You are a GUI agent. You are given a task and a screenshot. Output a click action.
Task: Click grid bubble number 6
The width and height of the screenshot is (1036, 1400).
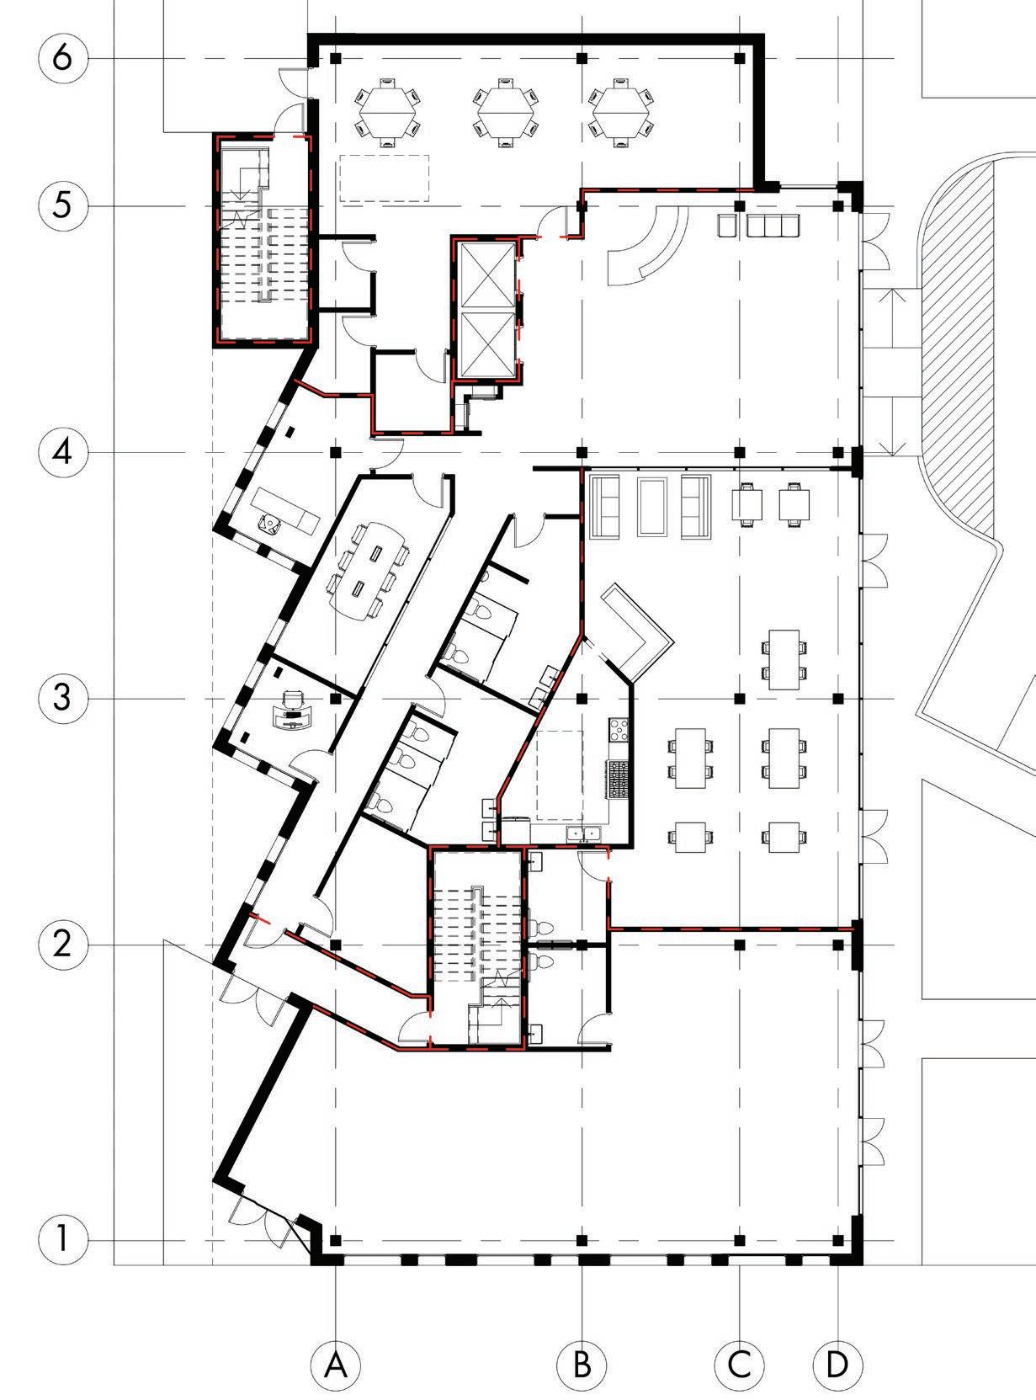point(62,59)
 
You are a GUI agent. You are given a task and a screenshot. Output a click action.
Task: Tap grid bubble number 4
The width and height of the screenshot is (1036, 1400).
point(62,453)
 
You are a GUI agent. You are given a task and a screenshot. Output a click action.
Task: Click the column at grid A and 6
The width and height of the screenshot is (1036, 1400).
point(336,59)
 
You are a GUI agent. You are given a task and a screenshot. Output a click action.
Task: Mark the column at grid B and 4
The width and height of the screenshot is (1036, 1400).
point(582,453)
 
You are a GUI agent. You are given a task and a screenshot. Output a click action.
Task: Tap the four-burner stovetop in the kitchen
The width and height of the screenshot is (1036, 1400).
point(619,729)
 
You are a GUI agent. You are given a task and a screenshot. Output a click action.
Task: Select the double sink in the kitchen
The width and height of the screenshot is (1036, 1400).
point(583,833)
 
